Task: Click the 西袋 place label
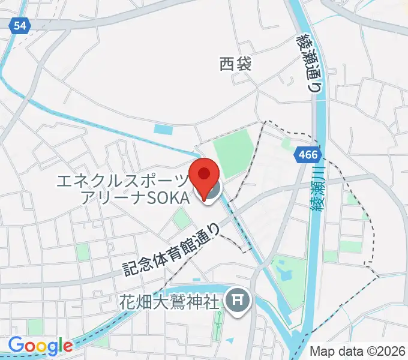pyautogui.click(x=235, y=64)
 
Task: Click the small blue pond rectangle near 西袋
pyautogui.click(x=163, y=129)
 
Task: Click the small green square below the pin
pyautogui.click(x=181, y=220)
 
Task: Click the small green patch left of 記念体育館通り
pyautogui.click(x=82, y=250)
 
